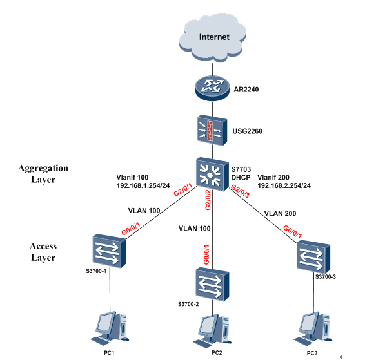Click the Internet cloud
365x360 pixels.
(x=213, y=38)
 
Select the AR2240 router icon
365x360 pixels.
(x=212, y=88)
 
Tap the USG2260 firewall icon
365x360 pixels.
(x=212, y=130)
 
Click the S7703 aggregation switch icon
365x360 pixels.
(x=212, y=175)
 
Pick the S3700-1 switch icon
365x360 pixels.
(x=109, y=251)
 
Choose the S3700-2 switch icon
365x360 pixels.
(x=212, y=284)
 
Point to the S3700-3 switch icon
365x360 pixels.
(x=313, y=257)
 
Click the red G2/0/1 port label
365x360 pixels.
(x=183, y=189)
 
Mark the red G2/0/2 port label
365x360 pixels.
(x=208, y=200)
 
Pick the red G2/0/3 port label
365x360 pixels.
(x=241, y=191)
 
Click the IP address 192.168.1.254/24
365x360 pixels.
(x=143, y=185)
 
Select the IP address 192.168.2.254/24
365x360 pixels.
(x=284, y=185)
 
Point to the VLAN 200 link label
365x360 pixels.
(x=280, y=213)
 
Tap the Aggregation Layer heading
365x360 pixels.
(x=43, y=174)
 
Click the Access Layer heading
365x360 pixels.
(x=43, y=252)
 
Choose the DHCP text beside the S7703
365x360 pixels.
(x=241, y=178)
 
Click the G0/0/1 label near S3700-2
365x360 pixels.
(x=206, y=255)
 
